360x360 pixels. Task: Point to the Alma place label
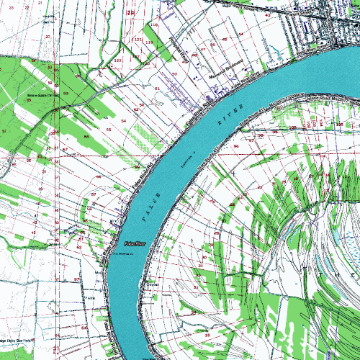coord(91,297)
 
